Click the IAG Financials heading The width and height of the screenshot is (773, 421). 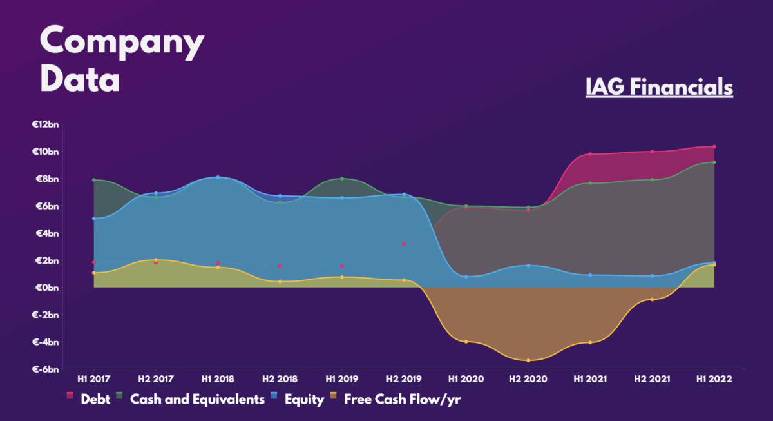click(659, 86)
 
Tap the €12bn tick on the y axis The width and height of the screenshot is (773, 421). click(45, 124)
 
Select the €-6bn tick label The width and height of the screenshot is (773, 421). click(46, 369)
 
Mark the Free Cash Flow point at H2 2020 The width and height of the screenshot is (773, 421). click(528, 360)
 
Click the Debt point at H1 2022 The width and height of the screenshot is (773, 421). click(714, 147)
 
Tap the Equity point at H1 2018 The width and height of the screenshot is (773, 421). click(218, 177)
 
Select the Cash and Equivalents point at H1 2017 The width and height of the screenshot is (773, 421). click(93, 180)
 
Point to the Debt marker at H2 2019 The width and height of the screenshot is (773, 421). click(404, 244)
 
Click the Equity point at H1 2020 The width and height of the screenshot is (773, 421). click(466, 277)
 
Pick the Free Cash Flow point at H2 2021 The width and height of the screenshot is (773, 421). click(652, 300)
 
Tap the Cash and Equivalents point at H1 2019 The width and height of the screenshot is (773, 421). click(342, 179)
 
